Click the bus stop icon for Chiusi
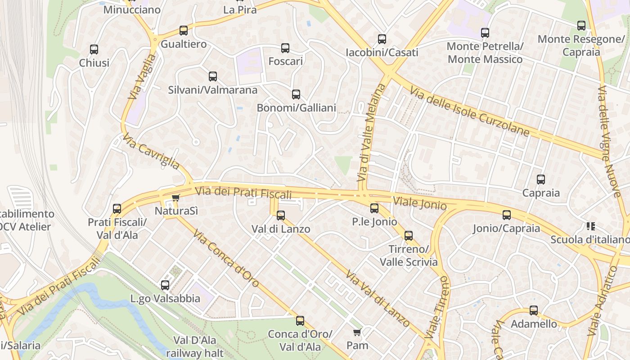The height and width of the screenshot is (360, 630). pos(94,49)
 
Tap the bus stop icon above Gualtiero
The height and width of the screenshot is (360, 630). pos(184,31)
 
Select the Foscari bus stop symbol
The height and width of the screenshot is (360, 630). pos(285,48)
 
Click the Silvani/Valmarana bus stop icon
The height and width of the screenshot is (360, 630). pos(213,76)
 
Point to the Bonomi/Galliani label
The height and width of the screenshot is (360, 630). pos(296,108)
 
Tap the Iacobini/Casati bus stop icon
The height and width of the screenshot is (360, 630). pos(382,39)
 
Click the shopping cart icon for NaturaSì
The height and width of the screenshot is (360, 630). pos(176,198)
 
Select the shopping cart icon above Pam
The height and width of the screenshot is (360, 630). pos(357,333)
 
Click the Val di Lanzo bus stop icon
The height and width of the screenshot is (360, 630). pos(281,216)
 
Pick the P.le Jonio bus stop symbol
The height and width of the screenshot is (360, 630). pos(374,208)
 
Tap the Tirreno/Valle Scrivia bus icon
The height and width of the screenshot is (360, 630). pos(409,236)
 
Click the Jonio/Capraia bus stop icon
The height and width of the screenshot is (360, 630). pos(507,215)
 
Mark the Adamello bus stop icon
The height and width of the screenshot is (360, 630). pos(534,310)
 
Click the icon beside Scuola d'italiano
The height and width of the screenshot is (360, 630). pos(591,226)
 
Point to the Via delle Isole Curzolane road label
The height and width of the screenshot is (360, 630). pos(470,111)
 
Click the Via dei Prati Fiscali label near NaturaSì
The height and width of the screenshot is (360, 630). pos(243,193)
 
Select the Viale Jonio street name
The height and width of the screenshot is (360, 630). pos(419,203)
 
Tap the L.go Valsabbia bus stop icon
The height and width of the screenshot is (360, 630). pos(165,285)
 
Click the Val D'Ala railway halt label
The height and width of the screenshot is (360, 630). pos(195,346)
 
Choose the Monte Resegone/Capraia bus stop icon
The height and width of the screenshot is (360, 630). pos(581,26)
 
